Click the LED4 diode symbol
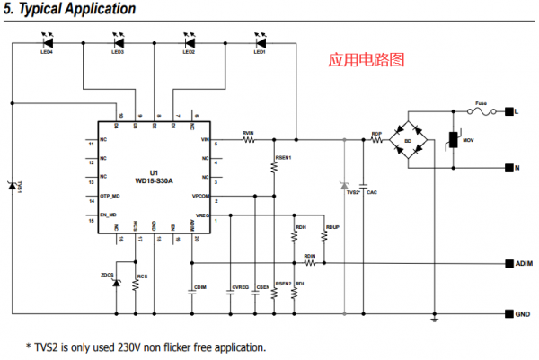point(48,40)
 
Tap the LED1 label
point(260,52)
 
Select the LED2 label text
point(189,52)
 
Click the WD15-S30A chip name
point(154,180)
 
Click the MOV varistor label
point(468,142)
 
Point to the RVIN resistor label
point(248,133)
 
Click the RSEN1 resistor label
point(284,157)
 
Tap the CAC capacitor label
point(372,192)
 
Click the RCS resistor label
point(142,277)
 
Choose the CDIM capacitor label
point(200,287)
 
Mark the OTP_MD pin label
point(110,196)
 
